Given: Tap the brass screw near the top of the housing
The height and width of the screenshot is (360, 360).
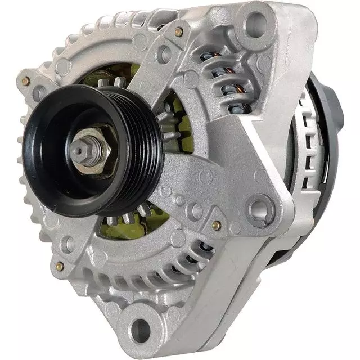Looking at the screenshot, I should (179, 31).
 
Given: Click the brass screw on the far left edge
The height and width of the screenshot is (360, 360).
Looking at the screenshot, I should (25, 82).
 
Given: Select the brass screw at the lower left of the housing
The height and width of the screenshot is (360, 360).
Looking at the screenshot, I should (60, 266).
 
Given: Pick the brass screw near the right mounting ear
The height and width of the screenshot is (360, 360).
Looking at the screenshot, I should (216, 225).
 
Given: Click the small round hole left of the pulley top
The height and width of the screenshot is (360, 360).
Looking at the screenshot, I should (39, 93).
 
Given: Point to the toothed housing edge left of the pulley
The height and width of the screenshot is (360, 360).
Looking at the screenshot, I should (25, 169).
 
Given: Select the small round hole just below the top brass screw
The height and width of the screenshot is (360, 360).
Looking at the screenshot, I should (164, 54).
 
